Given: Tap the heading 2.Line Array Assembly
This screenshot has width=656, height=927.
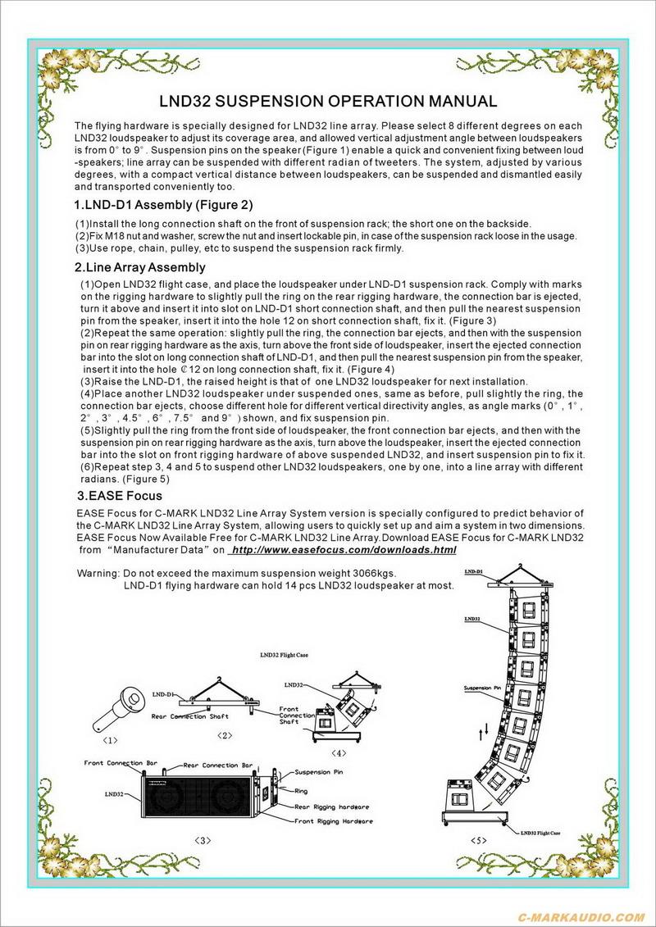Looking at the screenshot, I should pyautogui.click(x=139, y=267).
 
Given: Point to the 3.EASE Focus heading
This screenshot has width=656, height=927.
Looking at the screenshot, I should pyautogui.click(x=120, y=495).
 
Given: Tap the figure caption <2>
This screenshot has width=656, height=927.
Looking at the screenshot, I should pyautogui.click(x=225, y=735).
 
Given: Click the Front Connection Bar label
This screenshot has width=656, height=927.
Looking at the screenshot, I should pyautogui.click(x=115, y=762).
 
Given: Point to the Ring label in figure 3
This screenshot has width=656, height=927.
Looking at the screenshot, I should pyautogui.click(x=302, y=791).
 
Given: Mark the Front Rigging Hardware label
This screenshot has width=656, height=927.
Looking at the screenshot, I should pyautogui.click(x=334, y=820).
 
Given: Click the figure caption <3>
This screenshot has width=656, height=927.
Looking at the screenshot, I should pyautogui.click(x=203, y=839).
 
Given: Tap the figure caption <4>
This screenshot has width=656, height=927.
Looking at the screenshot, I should pyautogui.click(x=339, y=752).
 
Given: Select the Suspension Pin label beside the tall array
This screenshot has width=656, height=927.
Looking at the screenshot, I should pyautogui.click(x=482, y=688).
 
